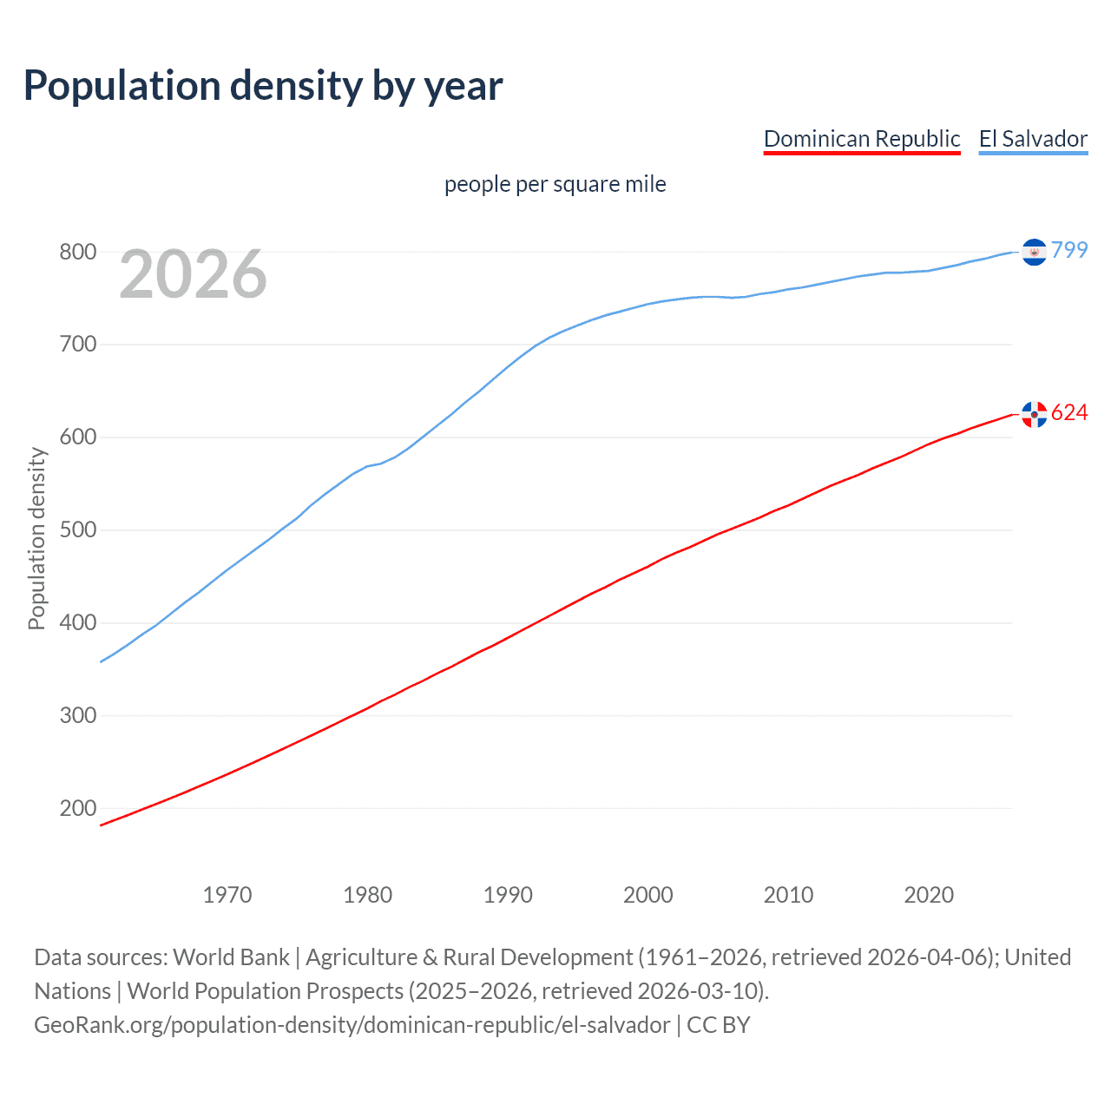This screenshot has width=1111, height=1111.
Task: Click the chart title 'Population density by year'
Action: (263, 86)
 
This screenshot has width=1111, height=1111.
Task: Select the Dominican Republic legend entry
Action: (862, 139)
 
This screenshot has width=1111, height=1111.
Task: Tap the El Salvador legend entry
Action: (1033, 139)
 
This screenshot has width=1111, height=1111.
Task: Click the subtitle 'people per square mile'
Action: (555, 184)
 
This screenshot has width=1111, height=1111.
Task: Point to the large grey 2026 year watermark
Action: (193, 274)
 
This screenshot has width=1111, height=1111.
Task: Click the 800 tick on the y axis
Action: (77, 253)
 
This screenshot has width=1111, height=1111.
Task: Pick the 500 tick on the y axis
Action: (77, 530)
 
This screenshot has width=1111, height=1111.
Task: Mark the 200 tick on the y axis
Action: (77, 808)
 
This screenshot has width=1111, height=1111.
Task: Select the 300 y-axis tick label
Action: (77, 716)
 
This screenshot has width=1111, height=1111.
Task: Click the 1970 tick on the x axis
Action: (227, 895)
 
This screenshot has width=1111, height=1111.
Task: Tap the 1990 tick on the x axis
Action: (508, 895)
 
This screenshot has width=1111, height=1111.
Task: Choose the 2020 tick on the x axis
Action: (929, 895)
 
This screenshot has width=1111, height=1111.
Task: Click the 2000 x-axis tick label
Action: (648, 895)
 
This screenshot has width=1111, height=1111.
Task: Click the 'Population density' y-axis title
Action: (36, 538)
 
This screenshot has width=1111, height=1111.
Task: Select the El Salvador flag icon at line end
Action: (1034, 252)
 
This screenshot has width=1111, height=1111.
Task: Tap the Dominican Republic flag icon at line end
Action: (1034, 414)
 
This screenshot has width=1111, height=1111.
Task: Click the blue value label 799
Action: (1069, 250)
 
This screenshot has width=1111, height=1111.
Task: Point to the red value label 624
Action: (1069, 412)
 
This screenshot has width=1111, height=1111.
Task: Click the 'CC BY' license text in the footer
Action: (718, 1025)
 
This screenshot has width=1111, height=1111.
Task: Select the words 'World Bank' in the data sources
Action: (231, 957)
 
